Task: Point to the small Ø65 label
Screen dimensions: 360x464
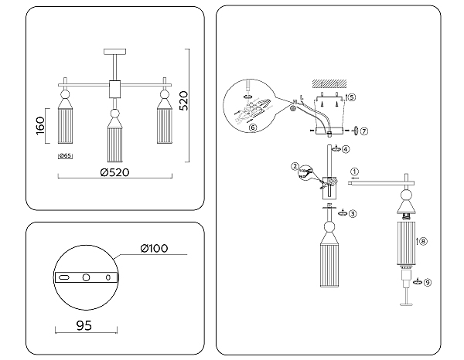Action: (65, 156)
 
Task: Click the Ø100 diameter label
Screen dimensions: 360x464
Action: (155, 248)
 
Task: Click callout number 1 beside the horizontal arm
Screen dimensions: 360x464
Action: (354, 172)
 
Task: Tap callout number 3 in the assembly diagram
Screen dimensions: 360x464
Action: (352, 213)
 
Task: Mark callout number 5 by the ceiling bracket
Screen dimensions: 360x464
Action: (351, 98)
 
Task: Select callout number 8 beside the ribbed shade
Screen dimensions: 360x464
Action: (423, 241)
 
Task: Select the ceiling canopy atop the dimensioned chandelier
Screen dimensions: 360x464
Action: (115, 51)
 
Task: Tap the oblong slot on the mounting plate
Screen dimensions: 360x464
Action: (67, 277)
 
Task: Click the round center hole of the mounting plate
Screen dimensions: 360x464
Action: (87, 277)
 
